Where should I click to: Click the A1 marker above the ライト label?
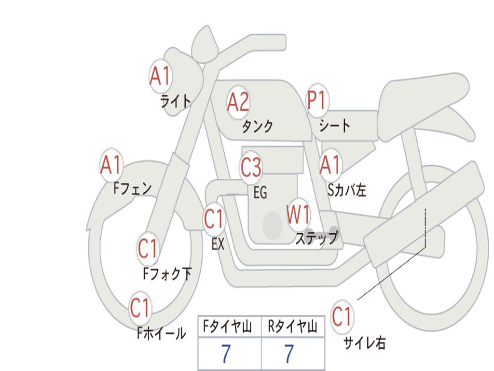pyautogui.click(x=161, y=76)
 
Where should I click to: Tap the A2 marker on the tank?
pyautogui.click(x=238, y=102)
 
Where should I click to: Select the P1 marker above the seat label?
pyautogui.click(x=317, y=100)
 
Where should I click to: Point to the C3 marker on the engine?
pyautogui.click(x=251, y=167)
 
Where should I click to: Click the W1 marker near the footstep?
pyautogui.click(x=298, y=214)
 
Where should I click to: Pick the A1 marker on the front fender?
pyautogui.click(x=111, y=165)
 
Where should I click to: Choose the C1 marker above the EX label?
pyautogui.click(x=214, y=219)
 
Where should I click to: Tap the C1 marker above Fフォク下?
pyautogui.click(x=148, y=249)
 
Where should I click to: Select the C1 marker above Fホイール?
pyautogui.click(x=140, y=308)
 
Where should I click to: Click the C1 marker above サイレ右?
pyautogui.click(x=342, y=316)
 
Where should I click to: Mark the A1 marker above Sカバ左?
pyautogui.click(x=330, y=165)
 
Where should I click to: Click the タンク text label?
pyautogui.click(x=257, y=127)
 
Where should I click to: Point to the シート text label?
pyautogui.click(x=335, y=125)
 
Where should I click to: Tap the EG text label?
pyautogui.click(x=261, y=192)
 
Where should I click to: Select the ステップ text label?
pyautogui.click(x=316, y=237)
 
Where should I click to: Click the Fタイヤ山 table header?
pyautogui.click(x=228, y=327)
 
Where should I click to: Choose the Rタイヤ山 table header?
pyautogui.click(x=293, y=327)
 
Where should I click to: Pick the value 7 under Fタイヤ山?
pyautogui.click(x=226, y=354)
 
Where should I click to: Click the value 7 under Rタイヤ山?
pyautogui.click(x=289, y=354)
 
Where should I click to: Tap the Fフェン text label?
pyautogui.click(x=132, y=189)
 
